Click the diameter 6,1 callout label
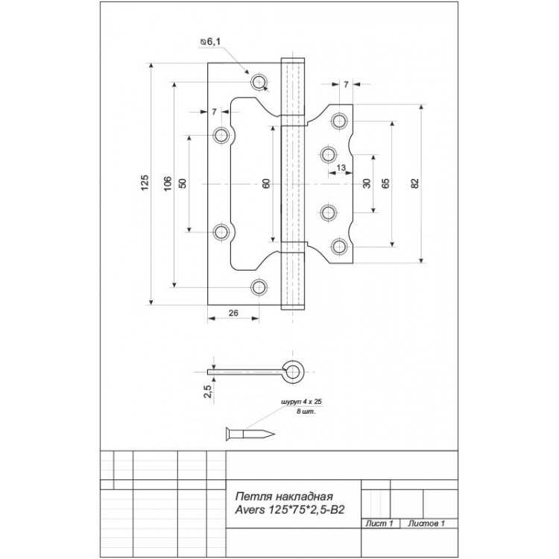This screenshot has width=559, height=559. (210, 42)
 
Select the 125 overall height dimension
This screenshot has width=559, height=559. (145, 183)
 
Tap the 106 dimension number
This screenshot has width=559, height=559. (168, 183)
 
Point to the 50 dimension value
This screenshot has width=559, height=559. (182, 183)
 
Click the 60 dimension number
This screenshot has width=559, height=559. (266, 183)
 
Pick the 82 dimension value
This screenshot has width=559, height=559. (414, 183)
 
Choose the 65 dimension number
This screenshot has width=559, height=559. (385, 183)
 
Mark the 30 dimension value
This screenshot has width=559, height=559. (367, 183)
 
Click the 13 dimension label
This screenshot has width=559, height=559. (341, 167)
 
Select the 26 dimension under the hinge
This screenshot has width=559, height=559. (233, 313)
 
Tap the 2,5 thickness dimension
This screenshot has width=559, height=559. (209, 391)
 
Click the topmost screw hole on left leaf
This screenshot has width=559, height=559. (259, 82)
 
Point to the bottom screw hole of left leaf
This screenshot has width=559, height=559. (259, 288)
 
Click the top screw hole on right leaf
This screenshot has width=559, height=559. (339, 121)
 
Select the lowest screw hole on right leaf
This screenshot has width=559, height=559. (339, 247)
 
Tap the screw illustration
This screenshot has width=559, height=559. (250, 434)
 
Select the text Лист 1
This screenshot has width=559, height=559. (379, 523)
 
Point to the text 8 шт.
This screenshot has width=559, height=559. (306, 411)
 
